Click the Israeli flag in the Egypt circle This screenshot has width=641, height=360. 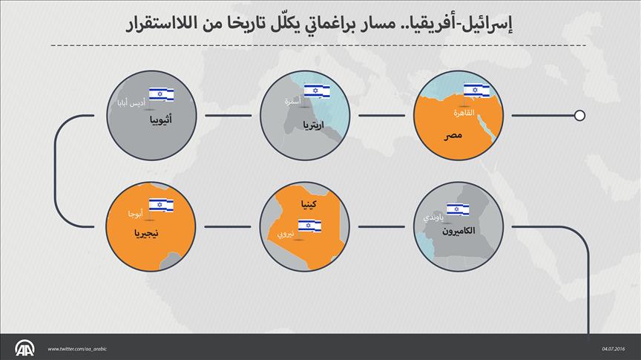[477, 90]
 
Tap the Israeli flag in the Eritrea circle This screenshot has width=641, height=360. [317, 90]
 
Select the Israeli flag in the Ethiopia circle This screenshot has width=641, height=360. [161, 94]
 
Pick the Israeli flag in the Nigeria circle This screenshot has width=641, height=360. [161, 205]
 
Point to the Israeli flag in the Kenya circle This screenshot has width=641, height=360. [309, 225]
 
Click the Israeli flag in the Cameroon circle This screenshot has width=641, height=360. [457, 209]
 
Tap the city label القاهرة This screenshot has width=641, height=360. [469, 113]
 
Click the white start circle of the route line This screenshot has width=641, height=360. [580, 115]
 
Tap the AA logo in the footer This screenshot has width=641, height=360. [27, 347]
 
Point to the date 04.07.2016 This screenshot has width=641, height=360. [615, 349]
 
